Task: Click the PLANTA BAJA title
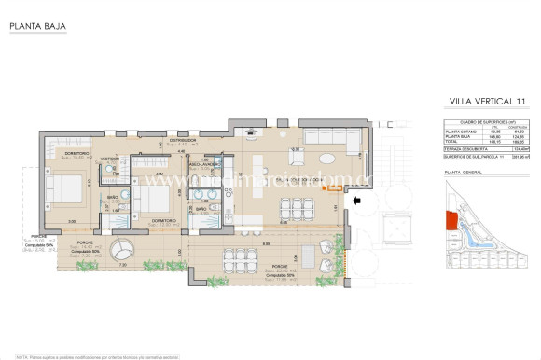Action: (x=30, y=14)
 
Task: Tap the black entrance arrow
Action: (x=356, y=199)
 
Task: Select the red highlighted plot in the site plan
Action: (x=450, y=220)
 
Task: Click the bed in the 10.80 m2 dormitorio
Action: (x=66, y=190)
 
